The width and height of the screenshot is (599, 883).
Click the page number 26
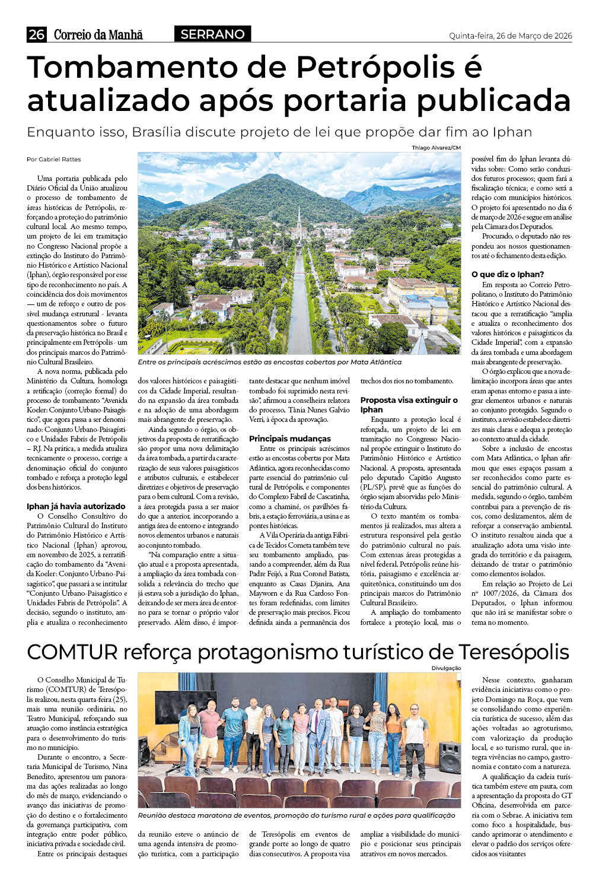pos(36,35)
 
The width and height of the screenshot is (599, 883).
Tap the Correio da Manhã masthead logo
pos(98,35)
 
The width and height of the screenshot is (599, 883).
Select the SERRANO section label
pos(212,34)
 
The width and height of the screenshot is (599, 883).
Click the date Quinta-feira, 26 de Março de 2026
pos(510,36)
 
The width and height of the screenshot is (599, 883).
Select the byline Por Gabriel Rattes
pos(54,159)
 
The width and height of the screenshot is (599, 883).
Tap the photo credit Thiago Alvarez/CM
pos(436,148)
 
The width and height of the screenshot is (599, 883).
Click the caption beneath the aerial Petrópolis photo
pos(269,362)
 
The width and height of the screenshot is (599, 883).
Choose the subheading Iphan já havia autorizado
pos(76,506)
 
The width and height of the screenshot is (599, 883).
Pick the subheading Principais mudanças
pos(289,439)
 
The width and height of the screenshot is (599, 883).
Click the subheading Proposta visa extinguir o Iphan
pos(409,405)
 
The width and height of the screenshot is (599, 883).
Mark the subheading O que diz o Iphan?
pos(507,274)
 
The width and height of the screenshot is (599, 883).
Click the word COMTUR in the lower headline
pos(72,652)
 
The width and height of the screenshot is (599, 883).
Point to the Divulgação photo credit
pos(446,668)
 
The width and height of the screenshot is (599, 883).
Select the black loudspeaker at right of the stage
pos(450,756)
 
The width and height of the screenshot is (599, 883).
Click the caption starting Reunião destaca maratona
pos(297,815)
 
